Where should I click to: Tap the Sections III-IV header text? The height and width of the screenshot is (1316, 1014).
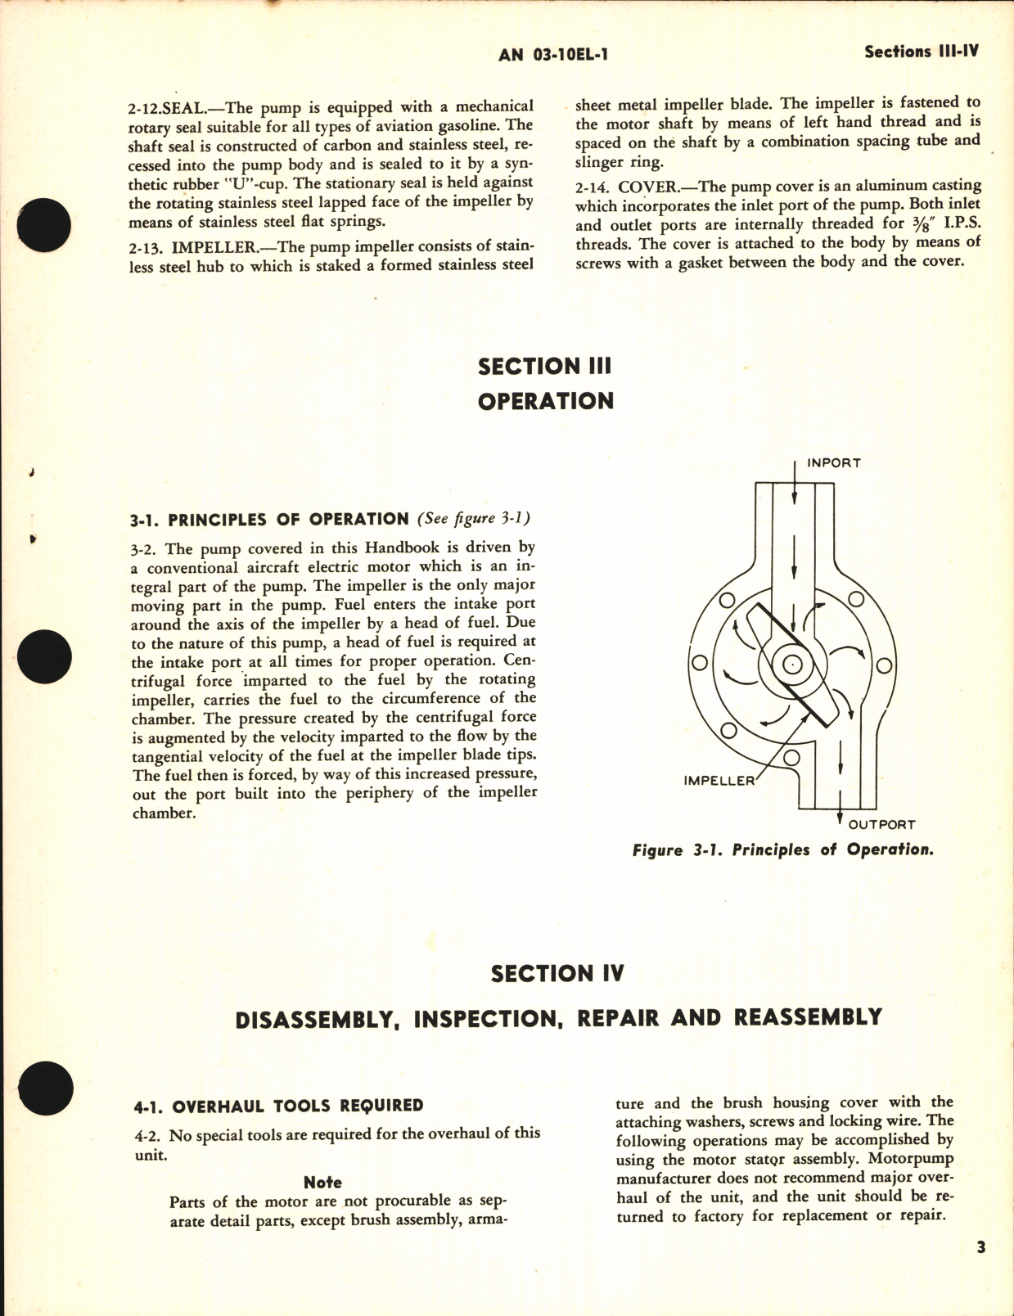click(x=921, y=51)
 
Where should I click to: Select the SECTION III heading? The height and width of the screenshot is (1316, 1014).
click(x=544, y=366)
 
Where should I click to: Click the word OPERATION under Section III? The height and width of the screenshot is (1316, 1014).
click(x=545, y=401)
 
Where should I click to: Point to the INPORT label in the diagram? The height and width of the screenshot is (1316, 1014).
click(x=833, y=463)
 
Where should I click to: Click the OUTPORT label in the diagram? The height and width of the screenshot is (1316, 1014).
click(x=881, y=824)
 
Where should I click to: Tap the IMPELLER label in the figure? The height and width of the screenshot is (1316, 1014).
click(x=719, y=781)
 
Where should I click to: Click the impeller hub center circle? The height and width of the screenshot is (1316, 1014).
click(x=791, y=665)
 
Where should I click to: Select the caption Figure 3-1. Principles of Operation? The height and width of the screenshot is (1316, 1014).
click(x=782, y=850)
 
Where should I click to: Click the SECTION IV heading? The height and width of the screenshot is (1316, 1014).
click(x=557, y=973)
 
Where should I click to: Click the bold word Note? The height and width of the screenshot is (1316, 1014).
click(x=322, y=1182)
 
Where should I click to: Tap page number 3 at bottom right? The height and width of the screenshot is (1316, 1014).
click(x=980, y=1248)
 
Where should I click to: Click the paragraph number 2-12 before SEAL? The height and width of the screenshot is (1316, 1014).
click(x=148, y=107)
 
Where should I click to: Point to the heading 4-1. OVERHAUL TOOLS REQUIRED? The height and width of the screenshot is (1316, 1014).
click(x=278, y=1106)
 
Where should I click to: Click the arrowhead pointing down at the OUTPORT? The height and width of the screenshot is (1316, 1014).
click(x=840, y=813)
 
